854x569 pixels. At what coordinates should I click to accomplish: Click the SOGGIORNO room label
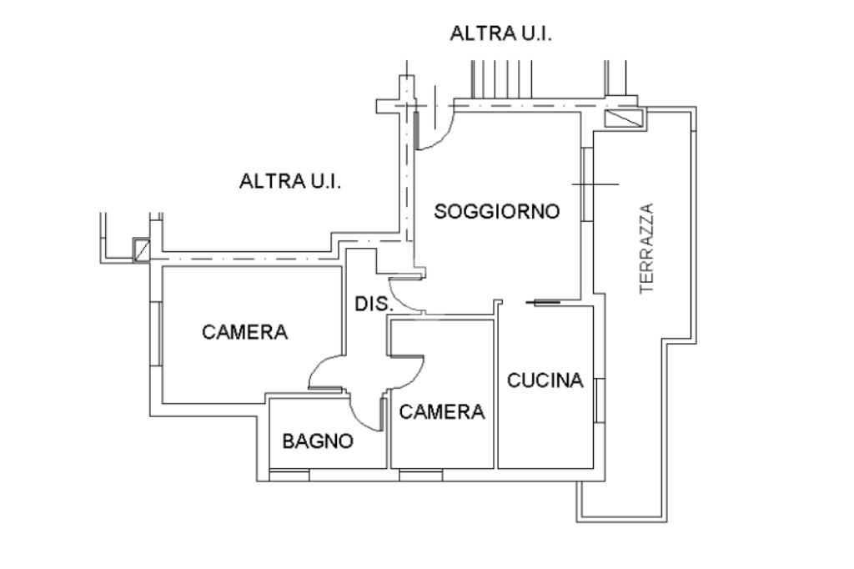(496, 212)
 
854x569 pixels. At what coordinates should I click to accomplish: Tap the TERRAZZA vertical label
(647, 248)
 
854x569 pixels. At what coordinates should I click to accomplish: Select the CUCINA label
(545, 381)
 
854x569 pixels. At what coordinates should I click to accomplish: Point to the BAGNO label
(318, 441)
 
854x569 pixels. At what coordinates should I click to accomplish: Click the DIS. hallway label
(374, 304)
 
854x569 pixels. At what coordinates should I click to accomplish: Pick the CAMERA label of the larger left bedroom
(244, 332)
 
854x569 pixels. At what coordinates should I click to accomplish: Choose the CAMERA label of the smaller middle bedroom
(442, 411)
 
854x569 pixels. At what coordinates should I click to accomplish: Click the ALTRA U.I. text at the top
(501, 34)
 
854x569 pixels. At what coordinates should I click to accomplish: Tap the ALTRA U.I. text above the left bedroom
(290, 181)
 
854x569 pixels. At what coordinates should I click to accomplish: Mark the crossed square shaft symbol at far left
(142, 249)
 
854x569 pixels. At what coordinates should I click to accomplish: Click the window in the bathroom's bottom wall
(289, 475)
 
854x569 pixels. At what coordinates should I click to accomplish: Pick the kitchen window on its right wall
(598, 400)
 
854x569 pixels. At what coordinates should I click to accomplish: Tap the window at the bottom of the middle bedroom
(420, 475)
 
